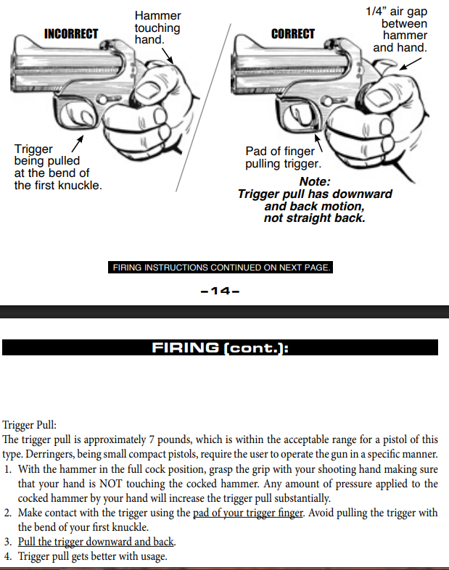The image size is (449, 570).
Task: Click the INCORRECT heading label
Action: (x=71, y=34)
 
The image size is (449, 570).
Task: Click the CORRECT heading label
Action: (x=293, y=34)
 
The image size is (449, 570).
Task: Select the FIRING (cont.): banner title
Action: (x=220, y=347)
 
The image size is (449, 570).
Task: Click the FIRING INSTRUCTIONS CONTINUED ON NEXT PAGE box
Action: (x=221, y=268)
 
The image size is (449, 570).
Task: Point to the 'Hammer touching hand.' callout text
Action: (x=157, y=28)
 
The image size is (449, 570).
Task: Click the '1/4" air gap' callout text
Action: (x=396, y=12)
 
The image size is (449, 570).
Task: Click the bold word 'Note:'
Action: (x=314, y=182)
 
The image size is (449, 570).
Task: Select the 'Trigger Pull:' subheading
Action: (x=30, y=425)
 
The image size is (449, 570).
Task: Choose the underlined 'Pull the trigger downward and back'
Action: (x=96, y=542)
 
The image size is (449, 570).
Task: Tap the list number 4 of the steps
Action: (x=8, y=556)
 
